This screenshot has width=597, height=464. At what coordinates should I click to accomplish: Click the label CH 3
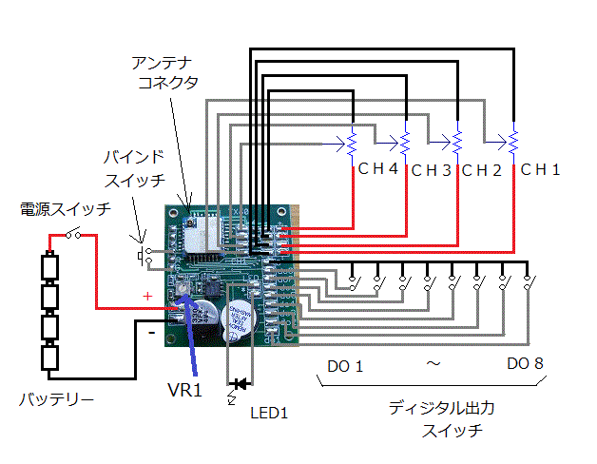[x=430, y=171]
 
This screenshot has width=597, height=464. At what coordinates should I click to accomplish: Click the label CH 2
[x=481, y=171]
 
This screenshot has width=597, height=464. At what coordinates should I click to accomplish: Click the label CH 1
[x=540, y=170]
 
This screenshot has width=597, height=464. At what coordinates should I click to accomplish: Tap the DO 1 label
[x=345, y=365]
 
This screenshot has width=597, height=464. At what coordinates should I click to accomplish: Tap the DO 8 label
[x=525, y=363]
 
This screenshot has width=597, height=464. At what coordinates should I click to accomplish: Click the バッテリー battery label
[x=57, y=400]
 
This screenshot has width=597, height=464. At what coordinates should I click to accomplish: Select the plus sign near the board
[x=147, y=297]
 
